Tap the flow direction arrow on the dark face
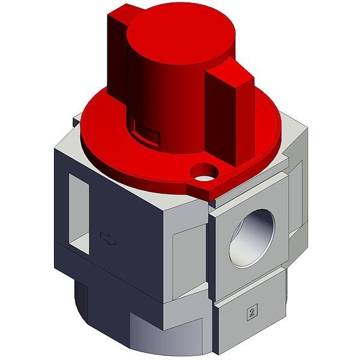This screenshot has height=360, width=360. coord(109,238)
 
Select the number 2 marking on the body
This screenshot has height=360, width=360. coord(252,311)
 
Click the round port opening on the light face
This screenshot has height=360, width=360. coord(252,238)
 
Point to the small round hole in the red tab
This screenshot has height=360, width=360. coord(204,172)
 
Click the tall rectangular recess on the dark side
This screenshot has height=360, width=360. coord(79,214)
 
